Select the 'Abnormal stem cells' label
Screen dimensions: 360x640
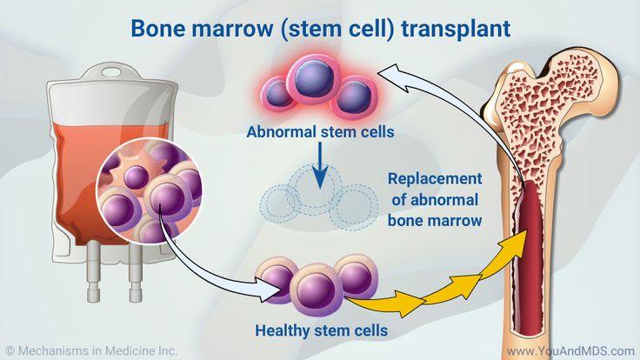click(x=321, y=133)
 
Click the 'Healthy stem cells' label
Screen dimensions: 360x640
click(x=321, y=330)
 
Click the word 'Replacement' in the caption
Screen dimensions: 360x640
click(x=434, y=179)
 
